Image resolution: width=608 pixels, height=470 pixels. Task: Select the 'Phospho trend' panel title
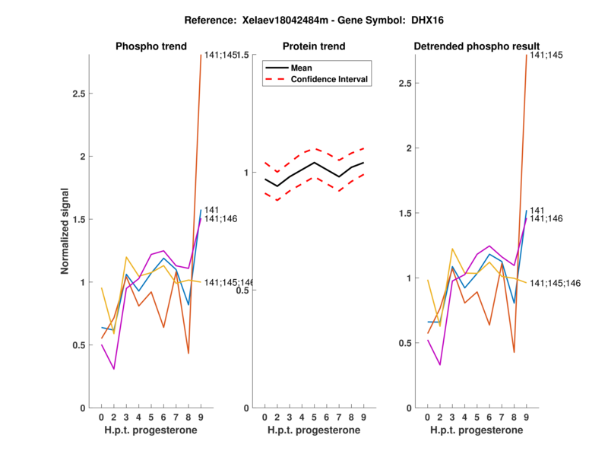tap(150, 46)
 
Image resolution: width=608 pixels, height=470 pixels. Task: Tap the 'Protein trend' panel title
tap(314, 46)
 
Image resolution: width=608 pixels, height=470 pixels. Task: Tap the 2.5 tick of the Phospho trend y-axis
tap(77, 94)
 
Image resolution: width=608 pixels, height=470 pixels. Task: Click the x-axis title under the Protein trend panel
tap(314, 432)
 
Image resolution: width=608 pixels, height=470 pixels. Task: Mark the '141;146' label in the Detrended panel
tap(546, 219)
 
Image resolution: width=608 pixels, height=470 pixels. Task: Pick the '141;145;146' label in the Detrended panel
tap(555, 283)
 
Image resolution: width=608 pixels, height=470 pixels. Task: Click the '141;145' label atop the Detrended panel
tap(546, 55)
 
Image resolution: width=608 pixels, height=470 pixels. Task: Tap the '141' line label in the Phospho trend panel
tap(212, 210)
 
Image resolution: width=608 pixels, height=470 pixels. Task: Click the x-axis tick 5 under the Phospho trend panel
tap(151, 417)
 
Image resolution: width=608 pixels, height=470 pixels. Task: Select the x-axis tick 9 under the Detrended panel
tap(527, 417)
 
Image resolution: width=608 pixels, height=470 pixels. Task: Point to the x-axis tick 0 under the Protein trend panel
tap(264, 417)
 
